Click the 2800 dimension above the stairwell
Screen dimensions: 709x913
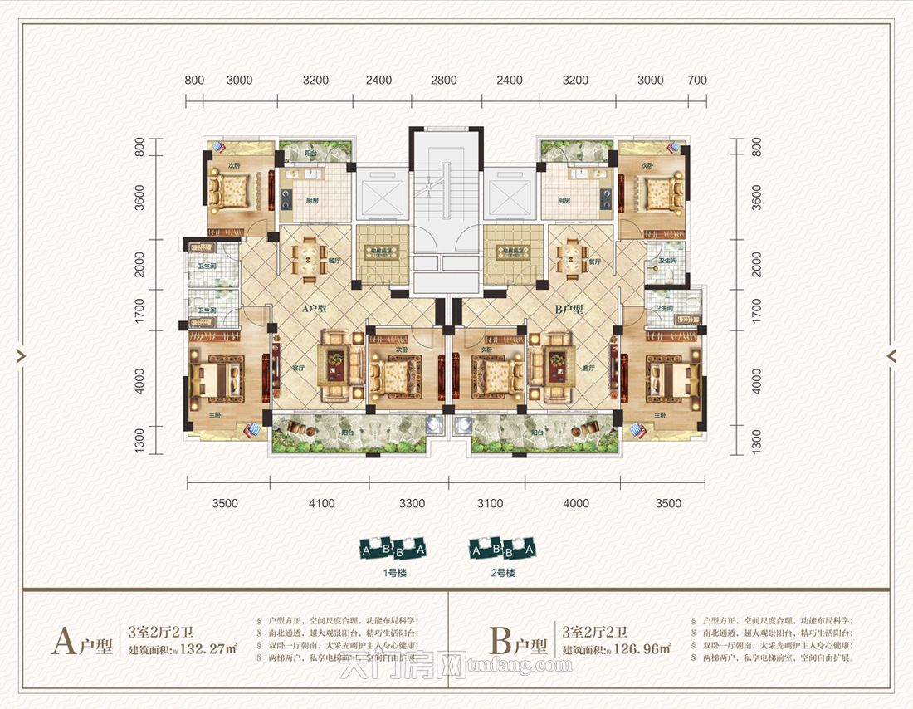coord(444,81)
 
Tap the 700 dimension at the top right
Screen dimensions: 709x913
coord(697,81)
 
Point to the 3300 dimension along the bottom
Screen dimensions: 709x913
coord(412,503)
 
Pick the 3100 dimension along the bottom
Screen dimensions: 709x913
coord(491,503)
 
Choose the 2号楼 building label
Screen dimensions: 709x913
coord(504,573)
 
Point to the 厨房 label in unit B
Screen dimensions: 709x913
coord(564,201)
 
